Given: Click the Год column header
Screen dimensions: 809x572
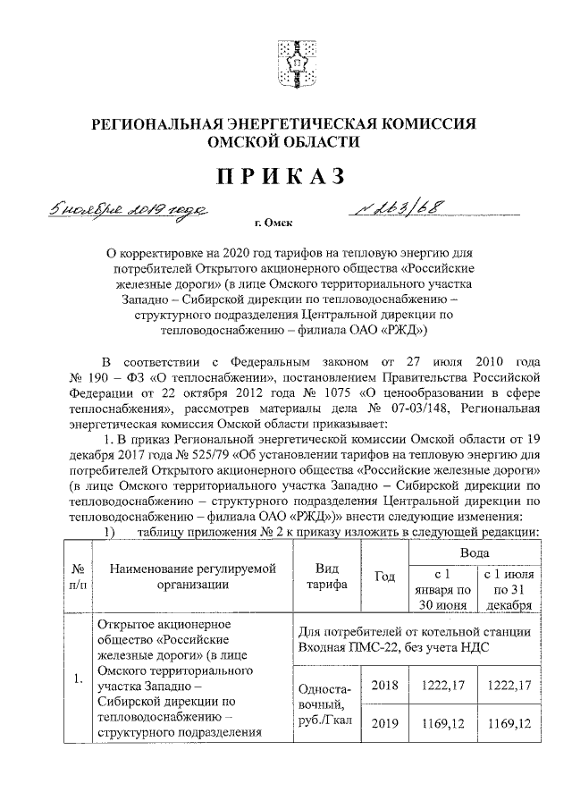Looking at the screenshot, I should [x=384, y=577].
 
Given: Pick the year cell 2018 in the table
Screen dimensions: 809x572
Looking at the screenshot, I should [x=384, y=686].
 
